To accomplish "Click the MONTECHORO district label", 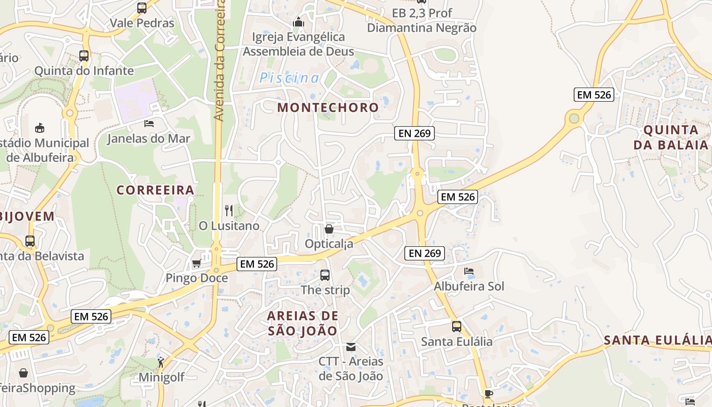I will pyautogui.click(x=328, y=107).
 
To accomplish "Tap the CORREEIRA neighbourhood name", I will pyautogui.click(x=155, y=190).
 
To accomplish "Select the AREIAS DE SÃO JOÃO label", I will pyautogui.click(x=302, y=323).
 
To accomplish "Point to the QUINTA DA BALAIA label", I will pyautogui.click(x=671, y=137).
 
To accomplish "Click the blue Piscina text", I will pyautogui.click(x=289, y=78).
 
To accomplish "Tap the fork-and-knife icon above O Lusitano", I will pyautogui.click(x=229, y=210).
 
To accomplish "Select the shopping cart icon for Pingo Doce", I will pyautogui.click(x=196, y=263).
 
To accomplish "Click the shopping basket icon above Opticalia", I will pyautogui.click(x=329, y=229).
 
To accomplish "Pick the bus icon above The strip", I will pyautogui.click(x=325, y=275).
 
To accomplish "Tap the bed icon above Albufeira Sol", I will pyautogui.click(x=469, y=271).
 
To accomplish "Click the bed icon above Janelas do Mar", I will pyautogui.click(x=149, y=123).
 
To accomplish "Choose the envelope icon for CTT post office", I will pyautogui.click(x=350, y=347).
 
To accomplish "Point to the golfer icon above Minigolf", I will pyautogui.click(x=161, y=362).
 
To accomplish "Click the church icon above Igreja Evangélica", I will pyautogui.click(x=299, y=22).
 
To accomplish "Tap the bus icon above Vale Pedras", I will pyautogui.click(x=142, y=8).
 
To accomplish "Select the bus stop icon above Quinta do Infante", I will pyautogui.click(x=84, y=56).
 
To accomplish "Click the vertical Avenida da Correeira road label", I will pyautogui.click(x=219, y=61).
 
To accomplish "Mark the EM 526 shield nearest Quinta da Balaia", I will pyautogui.click(x=594, y=94).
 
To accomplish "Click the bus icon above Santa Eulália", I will pyautogui.click(x=457, y=327).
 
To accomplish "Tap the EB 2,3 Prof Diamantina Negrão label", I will pyautogui.click(x=422, y=20).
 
